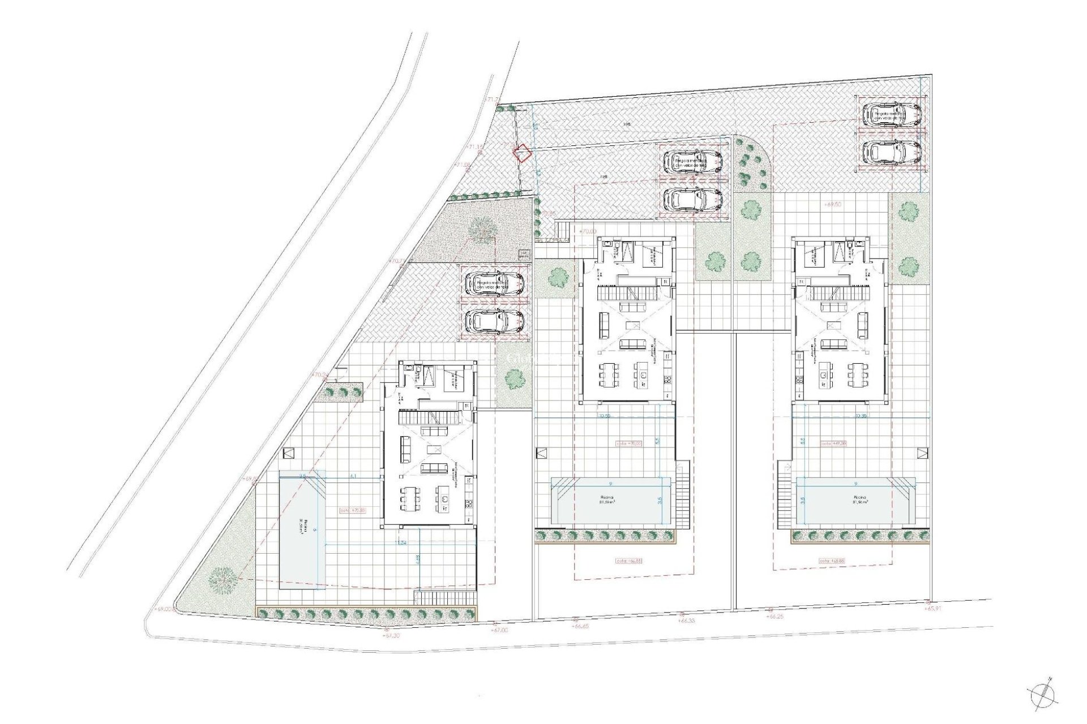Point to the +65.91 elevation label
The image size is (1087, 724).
coord(935,609)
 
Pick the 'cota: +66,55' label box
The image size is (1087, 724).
coord(628,561)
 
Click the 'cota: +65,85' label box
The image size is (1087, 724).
coord(832,561)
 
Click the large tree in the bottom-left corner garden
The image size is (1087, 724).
coord(222,580)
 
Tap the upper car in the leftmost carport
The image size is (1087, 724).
coord(494,283)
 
